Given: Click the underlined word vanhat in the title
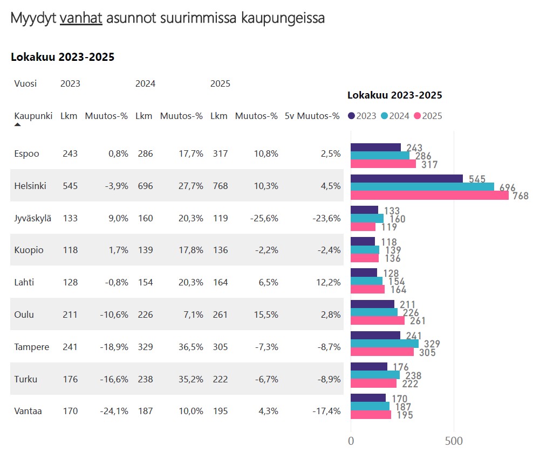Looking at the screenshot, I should [81, 18].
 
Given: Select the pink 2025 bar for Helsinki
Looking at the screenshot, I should [429, 195].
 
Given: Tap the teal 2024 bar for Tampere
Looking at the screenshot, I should [384, 344].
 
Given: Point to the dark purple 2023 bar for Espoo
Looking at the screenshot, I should [375, 148].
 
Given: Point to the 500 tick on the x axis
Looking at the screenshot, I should [454, 441].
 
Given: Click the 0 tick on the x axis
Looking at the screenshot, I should [351, 441].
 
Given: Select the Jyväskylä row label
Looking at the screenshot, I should [32, 218].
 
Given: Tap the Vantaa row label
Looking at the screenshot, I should [28, 411].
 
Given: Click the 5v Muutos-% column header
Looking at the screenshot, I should [312, 116].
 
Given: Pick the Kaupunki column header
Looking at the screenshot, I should [33, 116].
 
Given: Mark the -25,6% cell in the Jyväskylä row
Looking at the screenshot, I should [264, 218].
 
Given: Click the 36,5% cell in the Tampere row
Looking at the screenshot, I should [190, 347].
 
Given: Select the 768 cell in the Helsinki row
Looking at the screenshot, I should [219, 186].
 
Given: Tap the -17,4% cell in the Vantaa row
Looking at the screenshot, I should [326, 411].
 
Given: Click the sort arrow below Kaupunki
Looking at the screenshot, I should [17, 125].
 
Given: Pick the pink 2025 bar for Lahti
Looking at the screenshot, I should [367, 289].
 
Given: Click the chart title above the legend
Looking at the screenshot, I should [394, 95].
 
